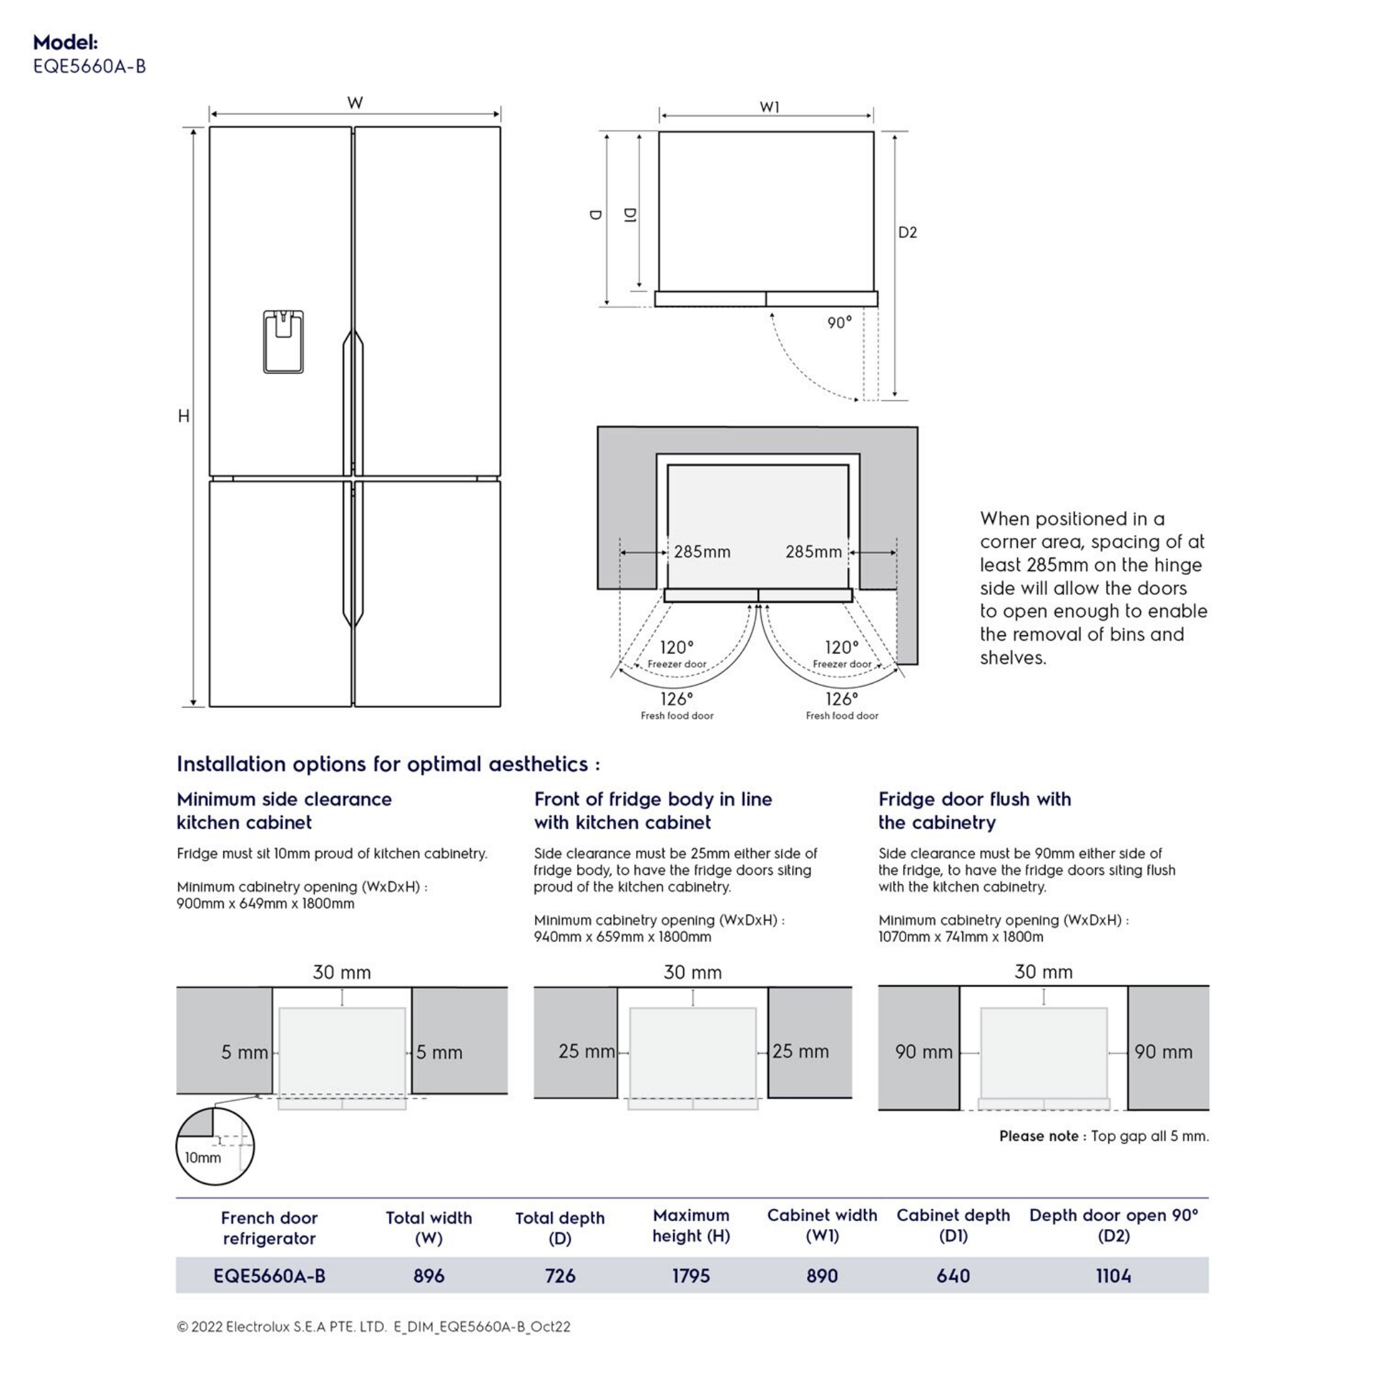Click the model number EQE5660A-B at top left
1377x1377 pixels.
coord(89,67)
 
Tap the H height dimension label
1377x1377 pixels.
coord(184,416)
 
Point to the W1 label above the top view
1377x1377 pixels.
coord(769,107)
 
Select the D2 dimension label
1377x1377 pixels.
coord(907,233)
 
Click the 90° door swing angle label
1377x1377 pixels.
coord(839,323)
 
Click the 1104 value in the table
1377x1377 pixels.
coord(1113,1275)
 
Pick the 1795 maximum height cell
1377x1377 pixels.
coord(691,1275)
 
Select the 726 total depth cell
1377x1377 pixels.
coord(559,1275)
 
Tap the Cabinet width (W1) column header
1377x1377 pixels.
coord(822,1225)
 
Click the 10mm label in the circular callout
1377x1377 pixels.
coord(203,1158)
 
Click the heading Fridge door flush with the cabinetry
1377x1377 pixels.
coord(974,810)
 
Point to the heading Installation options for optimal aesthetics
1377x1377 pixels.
coord(389,764)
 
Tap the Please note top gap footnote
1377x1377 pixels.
coord(1103,1136)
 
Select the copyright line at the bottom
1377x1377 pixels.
coord(373,1327)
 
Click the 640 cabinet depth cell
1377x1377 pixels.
coord(953,1275)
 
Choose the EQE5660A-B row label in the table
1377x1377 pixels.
coord(270,1275)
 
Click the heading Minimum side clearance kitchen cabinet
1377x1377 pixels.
coord(284,810)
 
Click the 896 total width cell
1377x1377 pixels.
coord(428,1275)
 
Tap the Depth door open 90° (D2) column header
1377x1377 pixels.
coord(1113,1225)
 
